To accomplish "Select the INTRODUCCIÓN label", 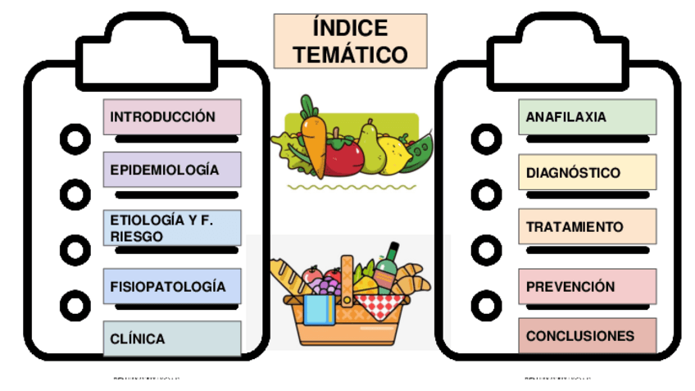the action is [172, 117].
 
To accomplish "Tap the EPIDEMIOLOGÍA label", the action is [172, 170].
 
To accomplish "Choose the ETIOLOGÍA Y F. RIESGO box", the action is [172, 228].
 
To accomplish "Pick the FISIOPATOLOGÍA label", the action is [172, 287].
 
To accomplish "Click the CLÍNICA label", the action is [172, 339].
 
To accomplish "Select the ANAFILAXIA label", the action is [587, 117].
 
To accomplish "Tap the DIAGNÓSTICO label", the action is [587, 173].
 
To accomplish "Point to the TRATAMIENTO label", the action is [587, 227].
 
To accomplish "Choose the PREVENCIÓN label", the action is [587, 287].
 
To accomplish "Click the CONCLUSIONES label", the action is [587, 336].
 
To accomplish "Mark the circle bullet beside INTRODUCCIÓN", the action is [75, 139].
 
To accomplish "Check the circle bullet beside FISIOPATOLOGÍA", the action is [75, 306].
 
